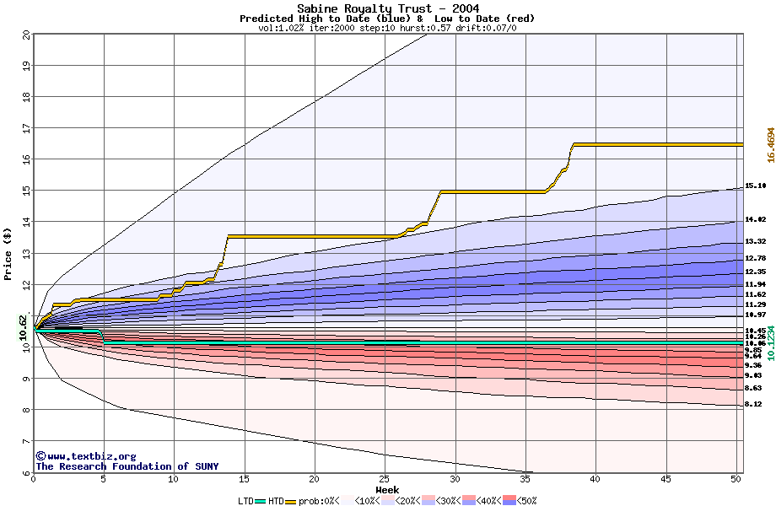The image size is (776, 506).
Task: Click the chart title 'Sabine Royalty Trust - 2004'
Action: tap(387, 8)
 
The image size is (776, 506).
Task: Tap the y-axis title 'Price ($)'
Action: tap(8, 253)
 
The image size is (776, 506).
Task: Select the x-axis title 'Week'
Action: tap(387, 489)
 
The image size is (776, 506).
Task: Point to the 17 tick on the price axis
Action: tap(26, 128)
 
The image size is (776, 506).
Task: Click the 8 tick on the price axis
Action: tap(26, 411)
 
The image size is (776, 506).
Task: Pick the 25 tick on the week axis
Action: tap(385, 479)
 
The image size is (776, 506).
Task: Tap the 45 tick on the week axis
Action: tap(666, 479)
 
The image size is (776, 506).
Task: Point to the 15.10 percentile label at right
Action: tap(755, 186)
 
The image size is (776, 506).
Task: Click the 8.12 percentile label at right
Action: tap(753, 405)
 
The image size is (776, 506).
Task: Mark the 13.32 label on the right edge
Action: tap(755, 241)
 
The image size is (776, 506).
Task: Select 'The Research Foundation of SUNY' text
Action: tap(127, 466)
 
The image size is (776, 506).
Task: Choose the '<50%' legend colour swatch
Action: tap(508, 501)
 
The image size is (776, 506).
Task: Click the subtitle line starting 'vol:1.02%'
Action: tap(387, 28)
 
